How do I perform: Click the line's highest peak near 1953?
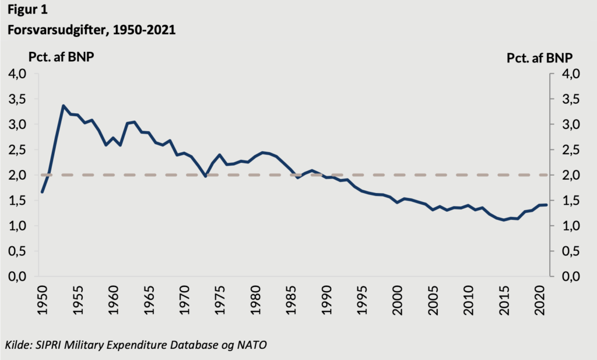[63, 106]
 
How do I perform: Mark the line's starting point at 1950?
[42, 192]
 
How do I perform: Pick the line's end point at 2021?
[546, 205]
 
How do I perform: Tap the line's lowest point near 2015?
[504, 220]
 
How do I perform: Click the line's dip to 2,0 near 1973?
[205, 176]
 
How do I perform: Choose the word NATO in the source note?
[251, 345]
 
